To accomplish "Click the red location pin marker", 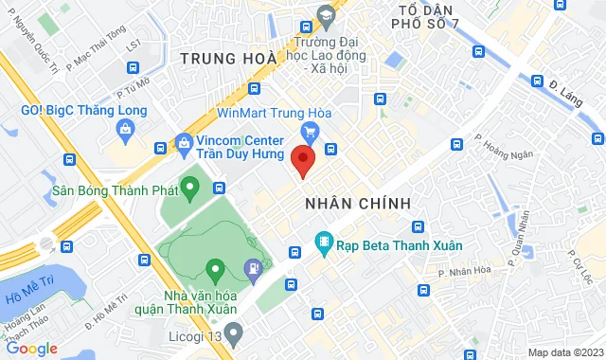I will pos(303,161).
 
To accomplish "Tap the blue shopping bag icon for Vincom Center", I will pos(184,146).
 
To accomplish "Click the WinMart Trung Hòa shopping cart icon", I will pos(309,132).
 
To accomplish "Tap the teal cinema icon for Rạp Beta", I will pos(324,244).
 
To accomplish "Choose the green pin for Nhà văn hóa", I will pos(214,272).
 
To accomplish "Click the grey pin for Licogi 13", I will pos(234,333).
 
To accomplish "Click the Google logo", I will pos(31,348).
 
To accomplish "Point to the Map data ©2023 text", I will pos(563,352).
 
